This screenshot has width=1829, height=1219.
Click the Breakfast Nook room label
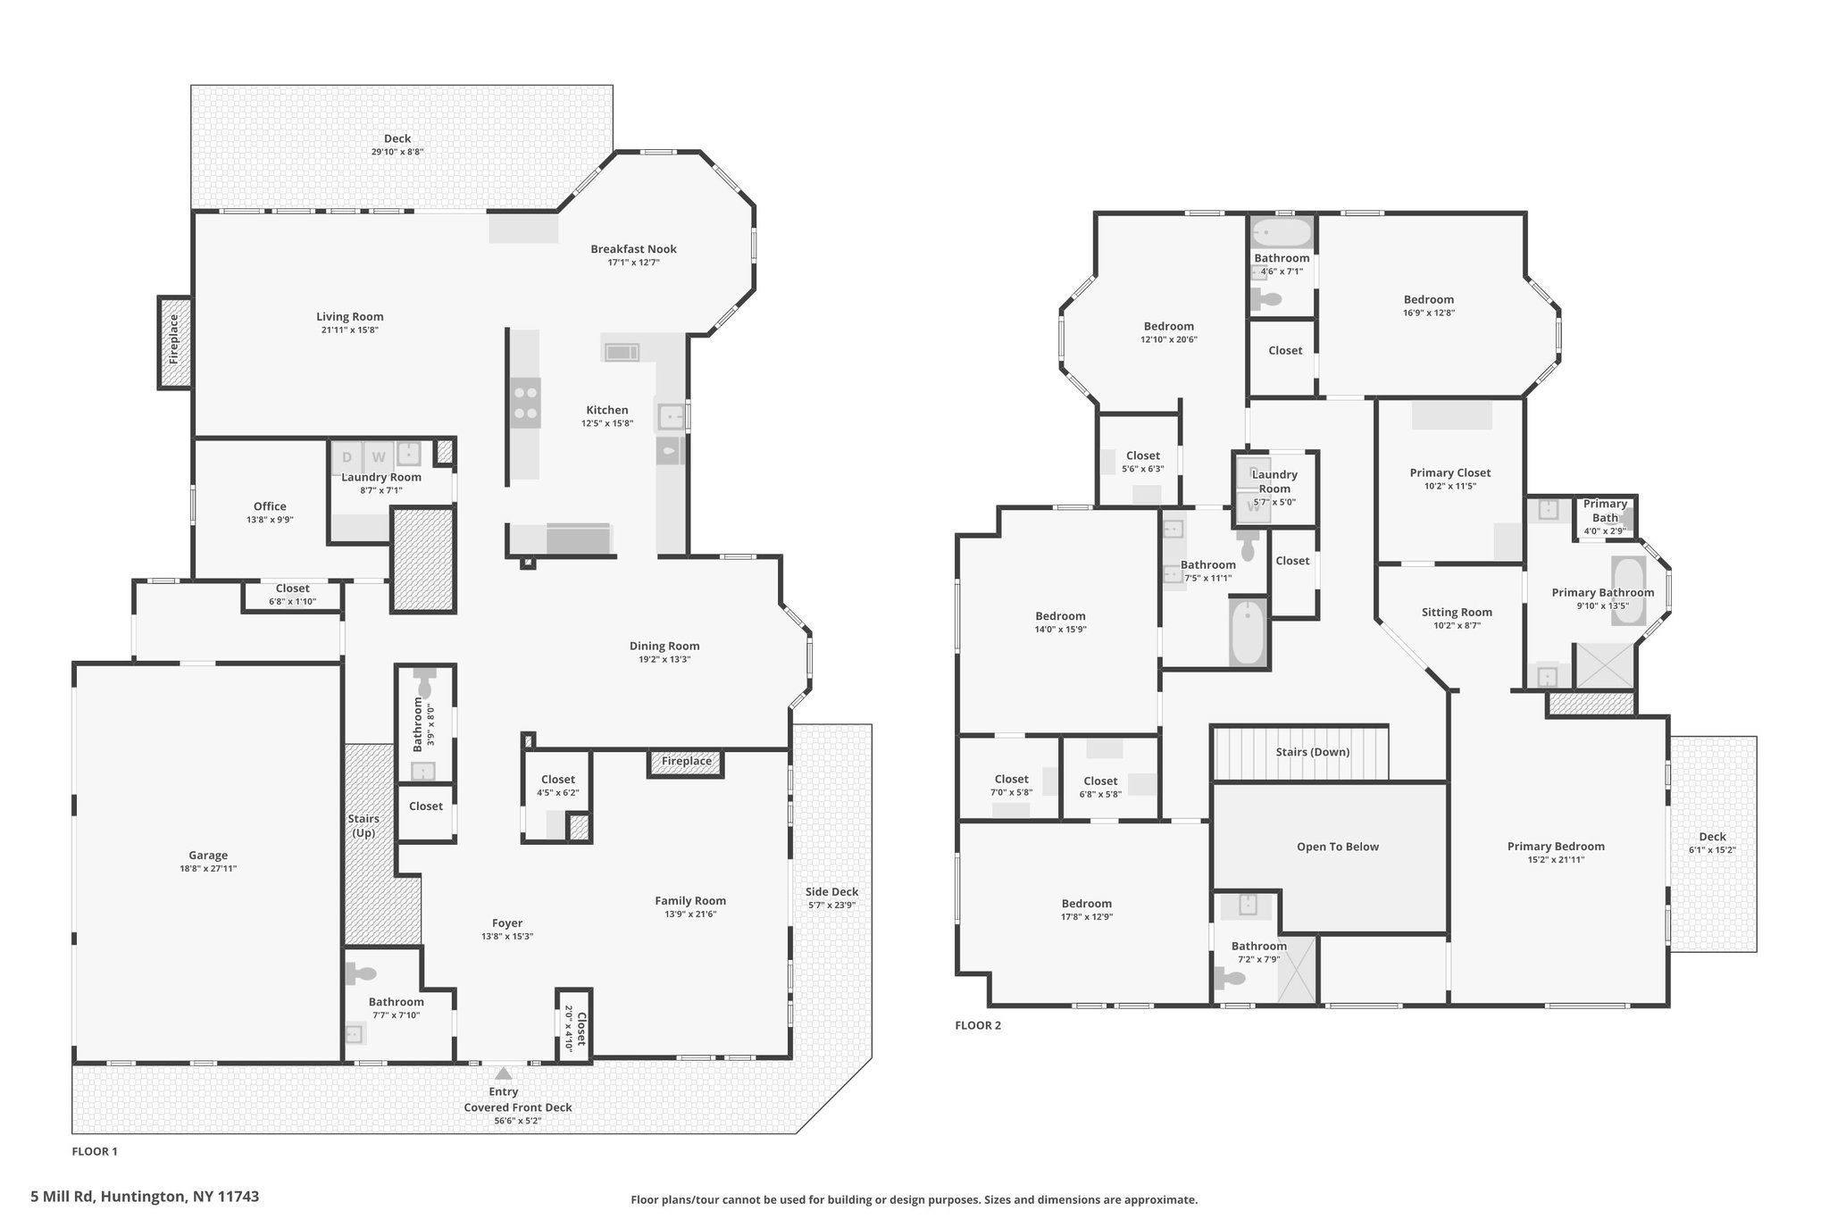[x=633, y=249]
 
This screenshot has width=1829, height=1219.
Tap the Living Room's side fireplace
[x=175, y=343]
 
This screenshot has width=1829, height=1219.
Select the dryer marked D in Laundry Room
[x=347, y=457]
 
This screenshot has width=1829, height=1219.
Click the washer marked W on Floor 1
[x=379, y=457]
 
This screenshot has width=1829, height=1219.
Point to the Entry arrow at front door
[x=504, y=1073]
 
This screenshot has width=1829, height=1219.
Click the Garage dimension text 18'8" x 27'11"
[x=208, y=868]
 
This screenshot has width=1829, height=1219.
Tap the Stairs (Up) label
[x=363, y=826]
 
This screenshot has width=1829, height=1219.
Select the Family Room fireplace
[x=686, y=762]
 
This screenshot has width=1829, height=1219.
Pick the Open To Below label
[x=1338, y=847]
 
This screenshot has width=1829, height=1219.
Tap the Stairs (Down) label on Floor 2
[x=1312, y=752]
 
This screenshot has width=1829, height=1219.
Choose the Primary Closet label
[x=1449, y=472]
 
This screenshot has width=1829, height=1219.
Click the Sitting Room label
[x=1457, y=612]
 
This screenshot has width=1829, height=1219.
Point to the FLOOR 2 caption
[x=978, y=1025]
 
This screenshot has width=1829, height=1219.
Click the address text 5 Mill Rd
[x=63, y=1196]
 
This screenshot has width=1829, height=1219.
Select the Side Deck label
[x=831, y=891]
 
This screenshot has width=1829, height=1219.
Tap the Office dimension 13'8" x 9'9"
[x=270, y=520]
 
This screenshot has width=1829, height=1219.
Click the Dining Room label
[x=664, y=646]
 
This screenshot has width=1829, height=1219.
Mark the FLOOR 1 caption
[x=95, y=1151]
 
